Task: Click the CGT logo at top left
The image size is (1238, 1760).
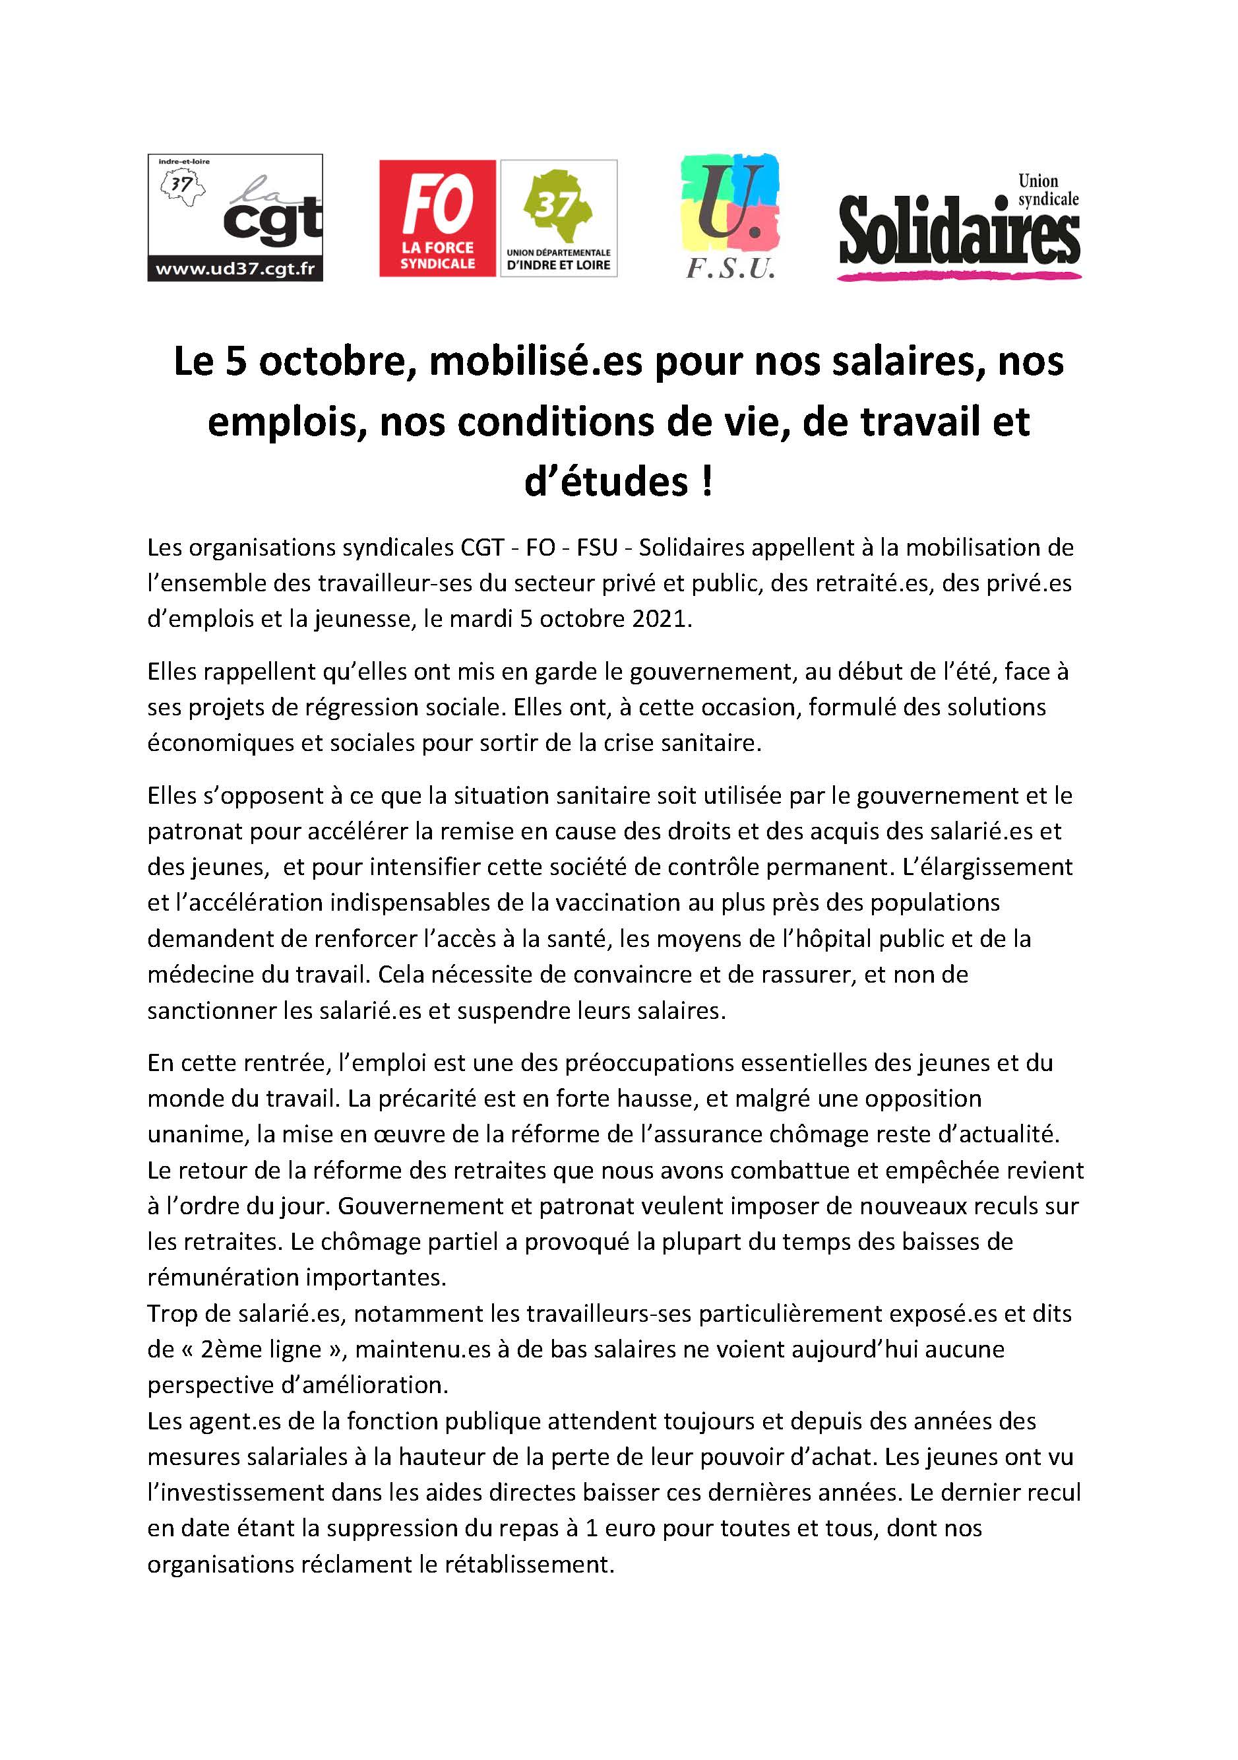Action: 234,217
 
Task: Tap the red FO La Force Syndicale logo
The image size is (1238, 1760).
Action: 437,218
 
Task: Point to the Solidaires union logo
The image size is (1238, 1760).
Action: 959,228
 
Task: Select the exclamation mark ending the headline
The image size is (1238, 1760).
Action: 706,482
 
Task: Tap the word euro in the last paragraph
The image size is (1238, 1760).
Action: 631,1528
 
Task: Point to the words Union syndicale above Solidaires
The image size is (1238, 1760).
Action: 1047,191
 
